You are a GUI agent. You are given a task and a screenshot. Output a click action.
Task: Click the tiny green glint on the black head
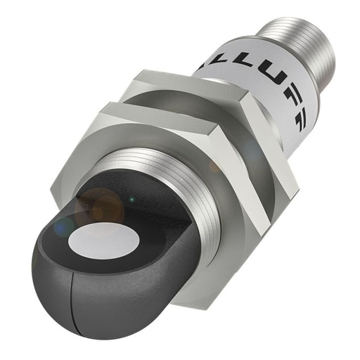(x=128, y=201)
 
